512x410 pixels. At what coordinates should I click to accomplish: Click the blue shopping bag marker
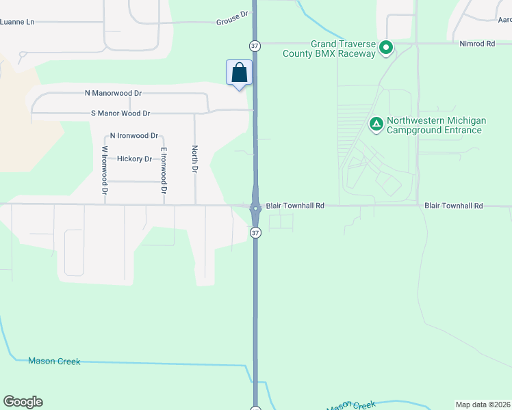tap(239, 72)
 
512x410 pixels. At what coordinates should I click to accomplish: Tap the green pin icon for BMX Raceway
tap(386, 48)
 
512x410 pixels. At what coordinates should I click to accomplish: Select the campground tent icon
tap(376, 124)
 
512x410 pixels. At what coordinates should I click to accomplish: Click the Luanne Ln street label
tap(17, 22)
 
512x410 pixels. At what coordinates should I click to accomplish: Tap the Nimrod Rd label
tap(476, 44)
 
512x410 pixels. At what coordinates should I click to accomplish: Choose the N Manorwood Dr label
tap(113, 92)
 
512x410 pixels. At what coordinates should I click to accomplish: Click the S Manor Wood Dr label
tap(120, 113)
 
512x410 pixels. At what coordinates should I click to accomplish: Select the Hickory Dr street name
tap(134, 159)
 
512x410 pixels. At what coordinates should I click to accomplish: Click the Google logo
tap(23, 402)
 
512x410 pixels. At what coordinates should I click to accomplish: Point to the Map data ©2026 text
tap(483, 405)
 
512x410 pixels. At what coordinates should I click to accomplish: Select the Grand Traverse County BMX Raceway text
tap(343, 49)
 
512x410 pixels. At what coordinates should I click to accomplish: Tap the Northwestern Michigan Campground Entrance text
tap(436, 125)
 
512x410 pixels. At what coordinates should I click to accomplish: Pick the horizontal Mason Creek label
tap(54, 361)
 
